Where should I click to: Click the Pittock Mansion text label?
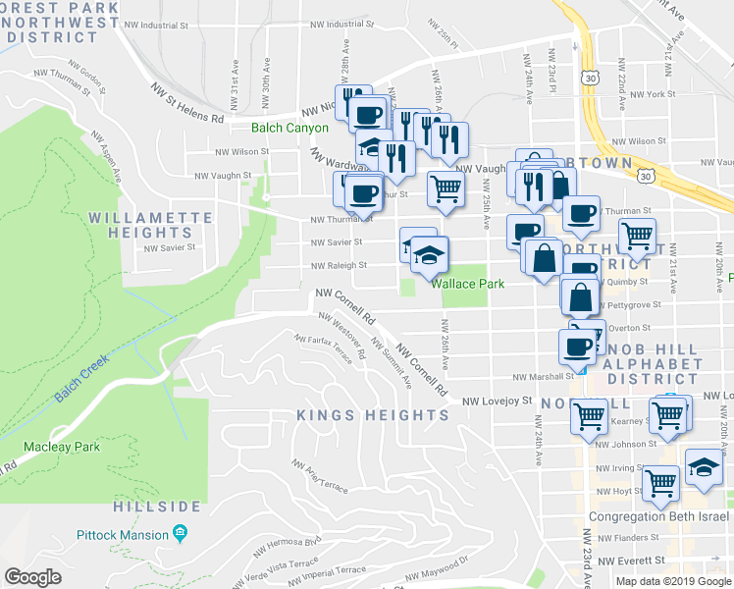click(121, 535)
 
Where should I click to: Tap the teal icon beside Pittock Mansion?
click(180, 534)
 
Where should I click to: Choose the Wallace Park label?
click(468, 284)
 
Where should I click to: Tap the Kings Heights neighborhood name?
click(373, 415)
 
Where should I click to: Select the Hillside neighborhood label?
click(157, 507)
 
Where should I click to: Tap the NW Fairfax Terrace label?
click(322, 348)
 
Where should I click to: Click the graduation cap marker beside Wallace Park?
click(429, 254)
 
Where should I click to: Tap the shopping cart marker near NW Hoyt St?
click(660, 481)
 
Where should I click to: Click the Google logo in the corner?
click(33, 577)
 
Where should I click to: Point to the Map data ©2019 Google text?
click(673, 581)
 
